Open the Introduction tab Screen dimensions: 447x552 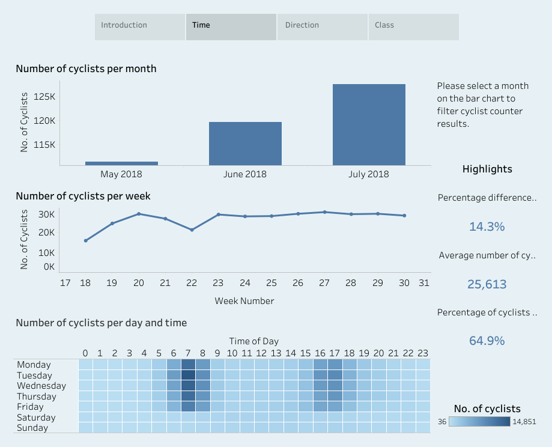tap(139, 27)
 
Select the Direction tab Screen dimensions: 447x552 tap(322, 27)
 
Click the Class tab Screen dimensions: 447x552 tap(413, 27)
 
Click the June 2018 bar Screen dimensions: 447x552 tap(245, 143)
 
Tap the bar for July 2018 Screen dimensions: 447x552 tap(369, 124)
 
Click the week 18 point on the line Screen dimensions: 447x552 tap(86, 240)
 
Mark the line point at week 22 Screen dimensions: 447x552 tap(192, 230)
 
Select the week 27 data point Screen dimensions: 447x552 tap(324, 212)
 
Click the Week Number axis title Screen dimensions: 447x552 tap(244, 301)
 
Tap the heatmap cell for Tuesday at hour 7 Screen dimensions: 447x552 tap(188, 375)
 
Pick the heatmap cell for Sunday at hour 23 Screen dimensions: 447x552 tap(423, 427)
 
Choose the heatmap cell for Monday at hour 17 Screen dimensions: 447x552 tap(335, 364)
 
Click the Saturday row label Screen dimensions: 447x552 tap(36, 418)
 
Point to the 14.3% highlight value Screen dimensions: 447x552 tap(487, 227)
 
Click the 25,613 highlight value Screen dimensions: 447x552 tap(487, 284)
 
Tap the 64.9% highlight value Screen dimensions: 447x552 tap(487, 341)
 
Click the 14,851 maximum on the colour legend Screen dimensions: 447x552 tap(523, 422)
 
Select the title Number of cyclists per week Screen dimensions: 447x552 tap(83, 196)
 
